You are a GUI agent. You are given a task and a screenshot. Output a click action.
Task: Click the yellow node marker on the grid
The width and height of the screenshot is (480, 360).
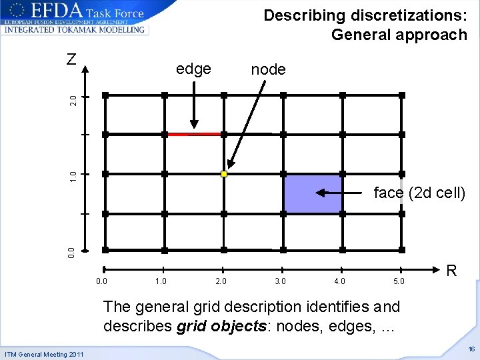224,174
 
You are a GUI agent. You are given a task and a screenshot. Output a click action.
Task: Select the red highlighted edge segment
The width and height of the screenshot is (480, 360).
194,134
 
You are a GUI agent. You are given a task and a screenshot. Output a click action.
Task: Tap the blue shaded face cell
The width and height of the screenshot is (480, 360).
313,194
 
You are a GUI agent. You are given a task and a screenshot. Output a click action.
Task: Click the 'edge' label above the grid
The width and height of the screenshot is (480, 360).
193,69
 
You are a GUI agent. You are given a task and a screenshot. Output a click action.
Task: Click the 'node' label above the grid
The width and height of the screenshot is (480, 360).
268,69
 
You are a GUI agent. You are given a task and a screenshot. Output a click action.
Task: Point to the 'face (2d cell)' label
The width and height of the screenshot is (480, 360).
419,193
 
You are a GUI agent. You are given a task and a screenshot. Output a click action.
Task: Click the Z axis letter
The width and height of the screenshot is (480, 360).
72,59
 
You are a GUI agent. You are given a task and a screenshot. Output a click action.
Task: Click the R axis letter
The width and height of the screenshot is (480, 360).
451,271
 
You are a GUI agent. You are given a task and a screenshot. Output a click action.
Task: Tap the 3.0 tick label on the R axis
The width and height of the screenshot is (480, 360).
280,281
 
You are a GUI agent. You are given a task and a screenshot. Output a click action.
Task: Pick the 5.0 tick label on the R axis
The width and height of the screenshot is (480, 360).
399,281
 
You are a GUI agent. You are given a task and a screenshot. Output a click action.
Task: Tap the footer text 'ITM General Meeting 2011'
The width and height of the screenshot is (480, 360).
44,354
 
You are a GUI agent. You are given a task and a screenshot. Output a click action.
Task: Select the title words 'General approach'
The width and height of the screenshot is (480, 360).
399,35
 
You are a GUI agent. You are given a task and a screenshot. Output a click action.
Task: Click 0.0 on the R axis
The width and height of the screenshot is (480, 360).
101,281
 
